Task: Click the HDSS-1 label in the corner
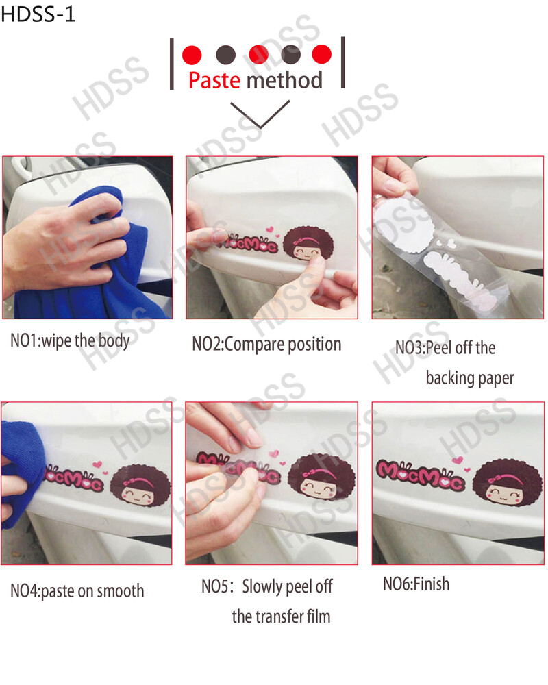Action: tap(38, 14)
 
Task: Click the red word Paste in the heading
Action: tap(214, 80)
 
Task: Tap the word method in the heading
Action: tap(284, 80)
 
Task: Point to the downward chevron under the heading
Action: tap(260, 114)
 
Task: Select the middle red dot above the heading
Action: tap(258, 54)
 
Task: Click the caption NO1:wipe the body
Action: tap(70, 340)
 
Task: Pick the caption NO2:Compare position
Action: tap(266, 345)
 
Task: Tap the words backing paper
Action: tap(470, 378)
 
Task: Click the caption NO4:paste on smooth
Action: tap(77, 591)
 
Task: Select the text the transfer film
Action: tap(281, 616)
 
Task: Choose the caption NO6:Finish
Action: tap(416, 584)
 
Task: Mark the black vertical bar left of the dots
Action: tap(172, 64)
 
